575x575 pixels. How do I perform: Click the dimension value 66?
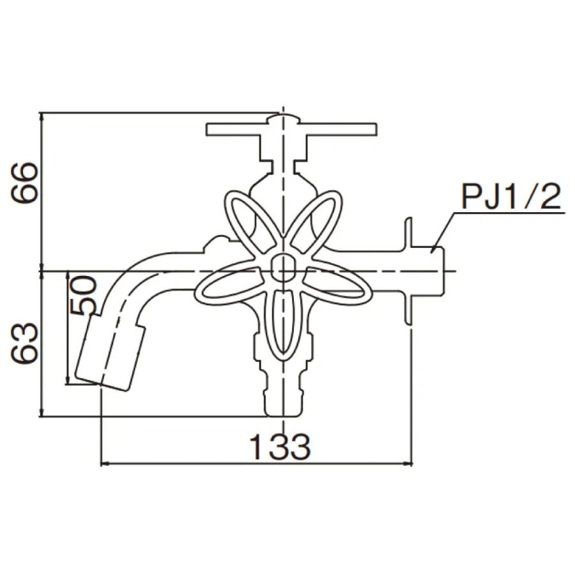point(24,183)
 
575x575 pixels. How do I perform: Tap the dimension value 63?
point(24,344)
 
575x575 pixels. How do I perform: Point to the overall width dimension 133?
point(280,447)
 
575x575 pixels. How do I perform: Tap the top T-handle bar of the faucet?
point(291,130)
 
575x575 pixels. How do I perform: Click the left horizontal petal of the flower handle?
point(227,282)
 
